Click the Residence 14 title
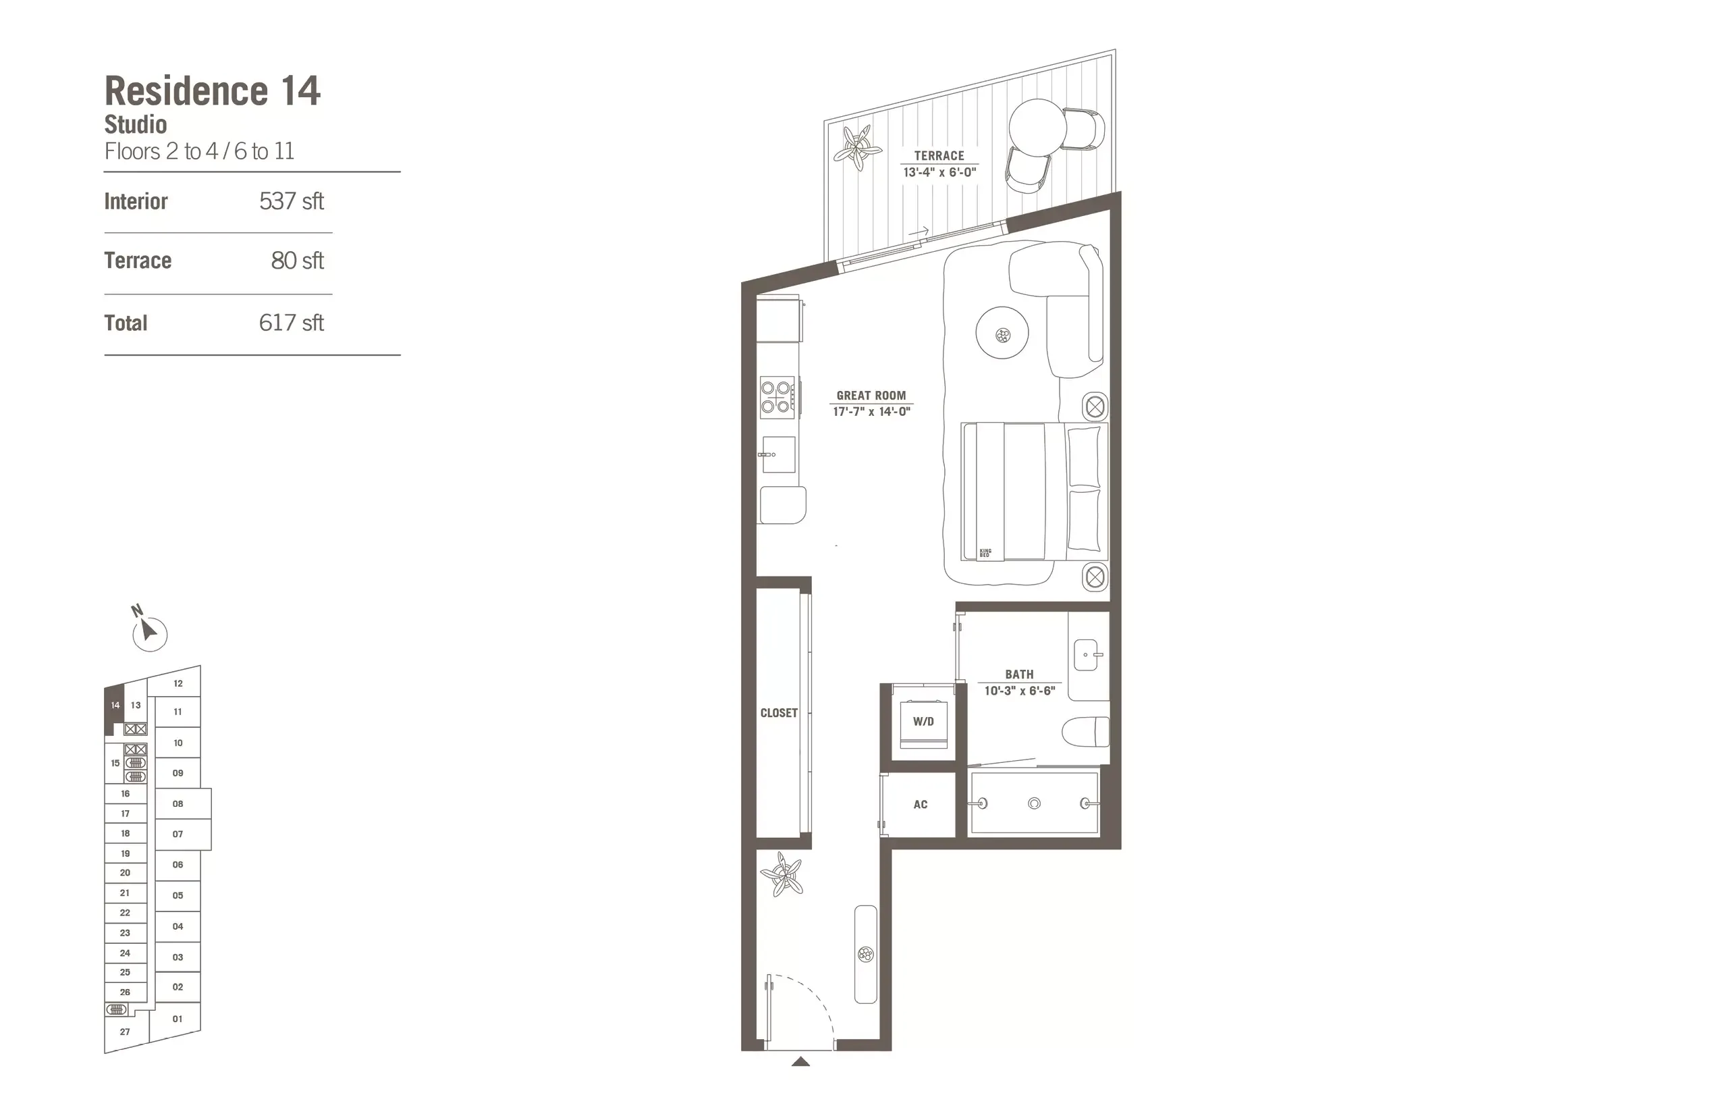tap(212, 91)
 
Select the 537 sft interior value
tap(292, 201)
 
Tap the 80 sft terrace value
tap(297, 261)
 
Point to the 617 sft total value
tap(292, 323)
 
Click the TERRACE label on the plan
tap(939, 156)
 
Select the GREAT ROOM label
tap(871, 396)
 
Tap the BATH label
tap(1019, 674)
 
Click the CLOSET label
tap(779, 713)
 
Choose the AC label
tap(921, 804)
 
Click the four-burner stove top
tap(776, 397)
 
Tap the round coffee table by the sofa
tap(1002, 334)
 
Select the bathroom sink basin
tap(1086, 655)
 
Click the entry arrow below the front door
tap(800, 1061)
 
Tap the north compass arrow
tap(149, 631)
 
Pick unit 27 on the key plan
tap(125, 1032)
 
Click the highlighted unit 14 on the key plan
tap(115, 706)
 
